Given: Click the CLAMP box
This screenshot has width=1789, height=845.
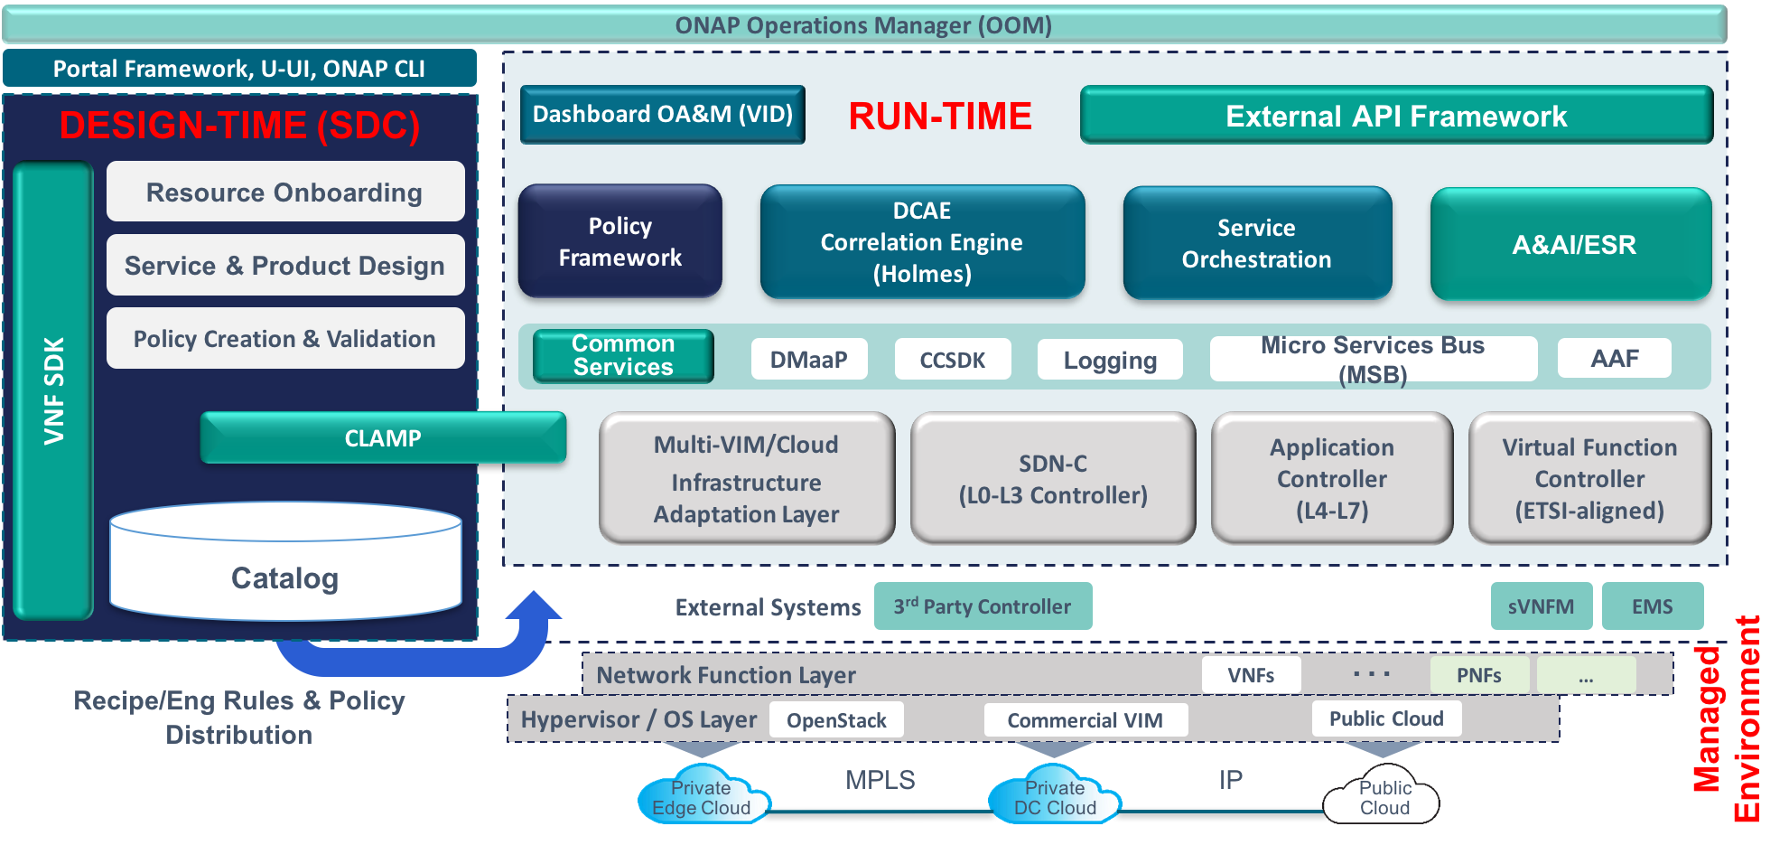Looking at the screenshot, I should tap(383, 438).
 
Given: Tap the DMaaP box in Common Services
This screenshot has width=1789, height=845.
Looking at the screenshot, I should tap(809, 360).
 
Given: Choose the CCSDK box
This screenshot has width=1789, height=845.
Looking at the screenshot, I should tap(953, 360).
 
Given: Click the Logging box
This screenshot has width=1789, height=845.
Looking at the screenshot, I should tap(1110, 360).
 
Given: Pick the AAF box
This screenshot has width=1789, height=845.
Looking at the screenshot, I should tap(1614, 359).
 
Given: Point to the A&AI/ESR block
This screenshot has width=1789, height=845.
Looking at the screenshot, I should tap(1572, 244).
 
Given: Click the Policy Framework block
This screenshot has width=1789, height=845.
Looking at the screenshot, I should tap(620, 242).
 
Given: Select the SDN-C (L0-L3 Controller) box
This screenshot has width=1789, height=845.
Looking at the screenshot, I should tap(1053, 479).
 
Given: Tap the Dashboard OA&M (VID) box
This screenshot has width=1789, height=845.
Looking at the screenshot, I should tap(663, 115).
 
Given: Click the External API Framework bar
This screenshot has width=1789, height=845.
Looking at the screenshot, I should tap(1396, 116).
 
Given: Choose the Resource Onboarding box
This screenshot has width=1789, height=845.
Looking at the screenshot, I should tap(285, 192).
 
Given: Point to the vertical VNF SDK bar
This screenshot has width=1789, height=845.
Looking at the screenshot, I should tap(53, 391).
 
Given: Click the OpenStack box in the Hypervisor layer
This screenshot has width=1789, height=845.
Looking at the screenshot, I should tap(836, 720).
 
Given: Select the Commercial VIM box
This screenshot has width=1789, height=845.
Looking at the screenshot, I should tap(1086, 720).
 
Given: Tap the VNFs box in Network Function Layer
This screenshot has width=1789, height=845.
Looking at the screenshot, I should tap(1251, 675).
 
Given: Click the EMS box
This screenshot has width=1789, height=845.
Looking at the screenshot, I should tap(1653, 606).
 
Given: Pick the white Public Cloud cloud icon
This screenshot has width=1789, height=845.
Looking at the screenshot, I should tap(1382, 798).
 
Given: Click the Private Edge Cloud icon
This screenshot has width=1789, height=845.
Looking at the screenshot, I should tap(702, 798).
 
